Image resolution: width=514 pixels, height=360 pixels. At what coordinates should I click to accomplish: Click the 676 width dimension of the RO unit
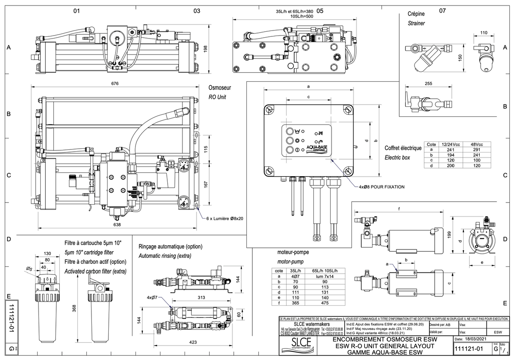click(114, 83)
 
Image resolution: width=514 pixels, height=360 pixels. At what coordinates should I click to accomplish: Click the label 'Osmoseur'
click(220, 88)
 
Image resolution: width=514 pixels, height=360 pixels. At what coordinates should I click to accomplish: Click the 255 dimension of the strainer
click(428, 83)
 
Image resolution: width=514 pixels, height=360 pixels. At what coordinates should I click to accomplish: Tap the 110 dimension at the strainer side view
click(484, 33)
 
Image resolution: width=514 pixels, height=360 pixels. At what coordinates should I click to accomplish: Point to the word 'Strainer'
click(416, 24)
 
